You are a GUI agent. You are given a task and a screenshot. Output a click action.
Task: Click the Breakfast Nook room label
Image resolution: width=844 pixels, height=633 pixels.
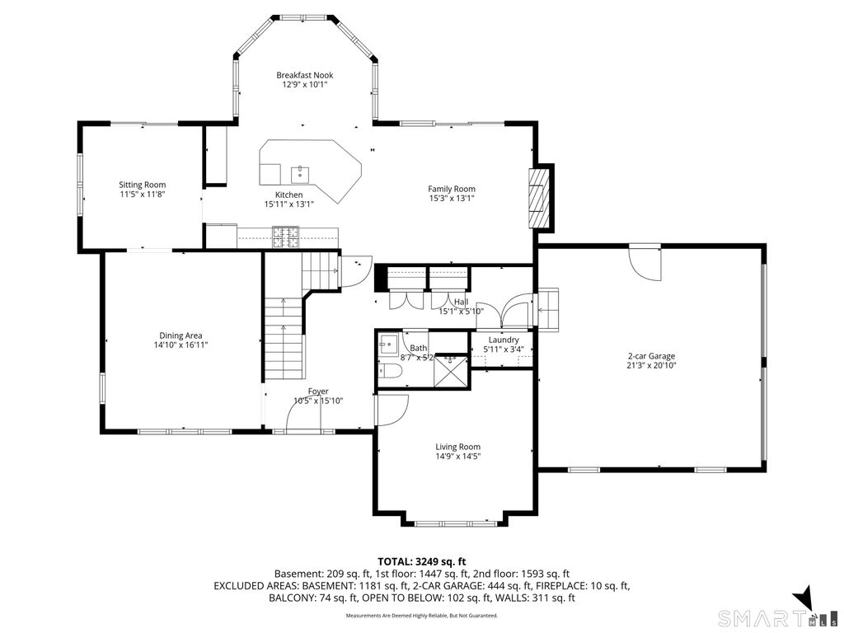305,75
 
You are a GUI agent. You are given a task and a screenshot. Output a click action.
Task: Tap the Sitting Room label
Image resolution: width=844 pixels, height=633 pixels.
142,185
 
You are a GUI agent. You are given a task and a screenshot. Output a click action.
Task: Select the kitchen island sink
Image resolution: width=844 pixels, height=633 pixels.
299,175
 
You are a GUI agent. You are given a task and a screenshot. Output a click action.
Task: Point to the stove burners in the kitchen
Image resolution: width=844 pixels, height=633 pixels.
285,237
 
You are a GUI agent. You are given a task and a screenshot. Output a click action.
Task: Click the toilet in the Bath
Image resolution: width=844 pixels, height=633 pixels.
389,372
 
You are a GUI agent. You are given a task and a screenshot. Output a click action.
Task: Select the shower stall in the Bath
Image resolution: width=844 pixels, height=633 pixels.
451,370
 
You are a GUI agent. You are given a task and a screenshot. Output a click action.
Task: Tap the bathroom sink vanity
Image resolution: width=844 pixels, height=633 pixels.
387,344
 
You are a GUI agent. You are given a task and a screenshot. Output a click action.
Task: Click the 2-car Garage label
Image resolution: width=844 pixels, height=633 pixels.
651,356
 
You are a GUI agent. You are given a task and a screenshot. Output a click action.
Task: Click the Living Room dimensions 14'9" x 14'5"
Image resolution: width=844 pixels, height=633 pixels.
457,457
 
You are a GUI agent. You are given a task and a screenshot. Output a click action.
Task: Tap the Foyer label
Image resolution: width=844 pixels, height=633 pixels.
318,392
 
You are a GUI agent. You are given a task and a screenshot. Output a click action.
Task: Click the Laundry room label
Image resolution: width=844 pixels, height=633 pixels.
504,340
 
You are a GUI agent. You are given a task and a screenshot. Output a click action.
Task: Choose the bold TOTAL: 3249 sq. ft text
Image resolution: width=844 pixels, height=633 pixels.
421,562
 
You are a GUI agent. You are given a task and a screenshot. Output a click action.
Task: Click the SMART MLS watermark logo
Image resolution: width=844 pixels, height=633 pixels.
775,617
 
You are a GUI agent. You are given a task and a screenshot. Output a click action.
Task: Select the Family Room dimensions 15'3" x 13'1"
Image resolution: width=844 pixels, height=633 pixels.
451,199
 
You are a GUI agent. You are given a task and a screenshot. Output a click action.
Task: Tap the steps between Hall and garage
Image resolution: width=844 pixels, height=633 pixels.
548,309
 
